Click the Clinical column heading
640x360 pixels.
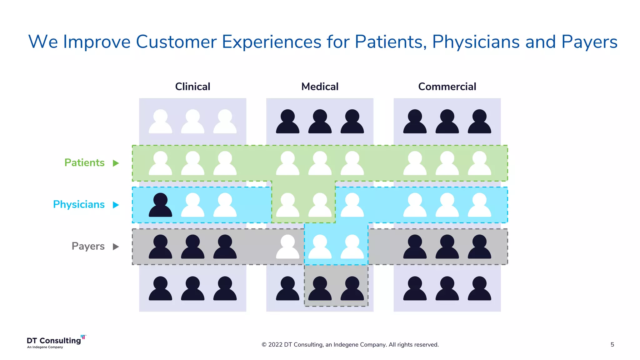[x=192, y=87]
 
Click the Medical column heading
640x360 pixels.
[x=320, y=87]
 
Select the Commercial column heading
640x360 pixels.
[x=447, y=87]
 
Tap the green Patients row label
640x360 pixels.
[x=84, y=163]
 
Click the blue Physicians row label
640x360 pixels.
[x=79, y=204]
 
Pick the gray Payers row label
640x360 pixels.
[x=88, y=246]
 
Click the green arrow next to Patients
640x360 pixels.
[x=116, y=163]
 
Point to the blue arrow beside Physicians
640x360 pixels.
[x=116, y=205]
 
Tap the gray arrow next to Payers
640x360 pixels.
[x=116, y=247]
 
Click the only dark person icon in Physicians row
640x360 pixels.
[x=160, y=206]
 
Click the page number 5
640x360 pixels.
[x=612, y=345]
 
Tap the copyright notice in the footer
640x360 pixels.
[x=350, y=345]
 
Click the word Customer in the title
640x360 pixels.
[x=176, y=42]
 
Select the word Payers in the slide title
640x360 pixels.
[x=589, y=42]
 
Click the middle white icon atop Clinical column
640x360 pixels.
[x=192, y=122]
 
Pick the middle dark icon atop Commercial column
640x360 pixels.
[x=447, y=122]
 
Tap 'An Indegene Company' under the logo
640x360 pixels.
[x=45, y=347]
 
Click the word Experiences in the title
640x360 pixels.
[x=271, y=42]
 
